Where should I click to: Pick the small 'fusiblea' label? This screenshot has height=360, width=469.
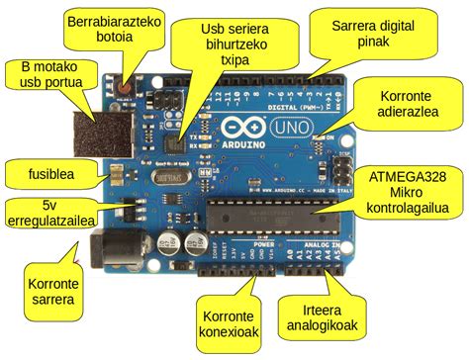click(x=37, y=172)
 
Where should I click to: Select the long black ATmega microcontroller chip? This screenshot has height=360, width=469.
click(x=266, y=217)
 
